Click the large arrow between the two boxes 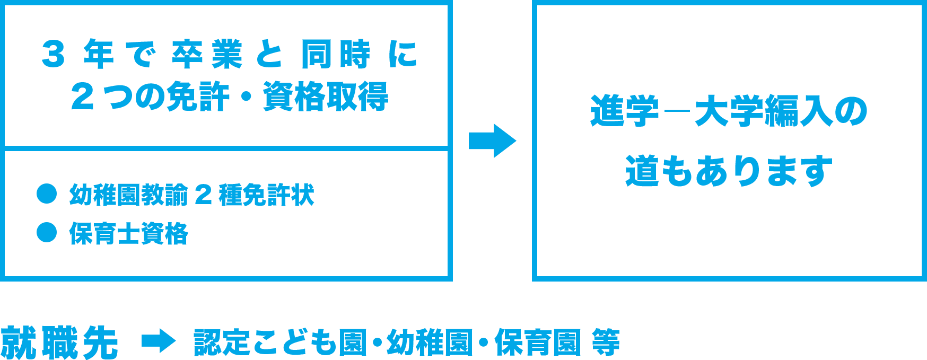(x=492, y=141)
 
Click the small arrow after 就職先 (x=159, y=342)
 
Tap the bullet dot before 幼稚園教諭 (x=47, y=194)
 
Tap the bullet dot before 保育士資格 (x=47, y=232)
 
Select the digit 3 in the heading (x=53, y=54)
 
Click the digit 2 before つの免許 (x=82, y=96)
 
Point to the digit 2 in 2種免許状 (x=203, y=195)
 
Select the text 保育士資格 (x=128, y=233)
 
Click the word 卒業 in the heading (x=207, y=54)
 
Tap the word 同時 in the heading (x=336, y=54)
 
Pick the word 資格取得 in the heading (x=326, y=96)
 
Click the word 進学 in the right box (x=624, y=111)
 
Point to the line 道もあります (x=729, y=171)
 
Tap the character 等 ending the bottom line (x=606, y=342)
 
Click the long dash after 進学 (x=677, y=113)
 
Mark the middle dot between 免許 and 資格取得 (x=247, y=98)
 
